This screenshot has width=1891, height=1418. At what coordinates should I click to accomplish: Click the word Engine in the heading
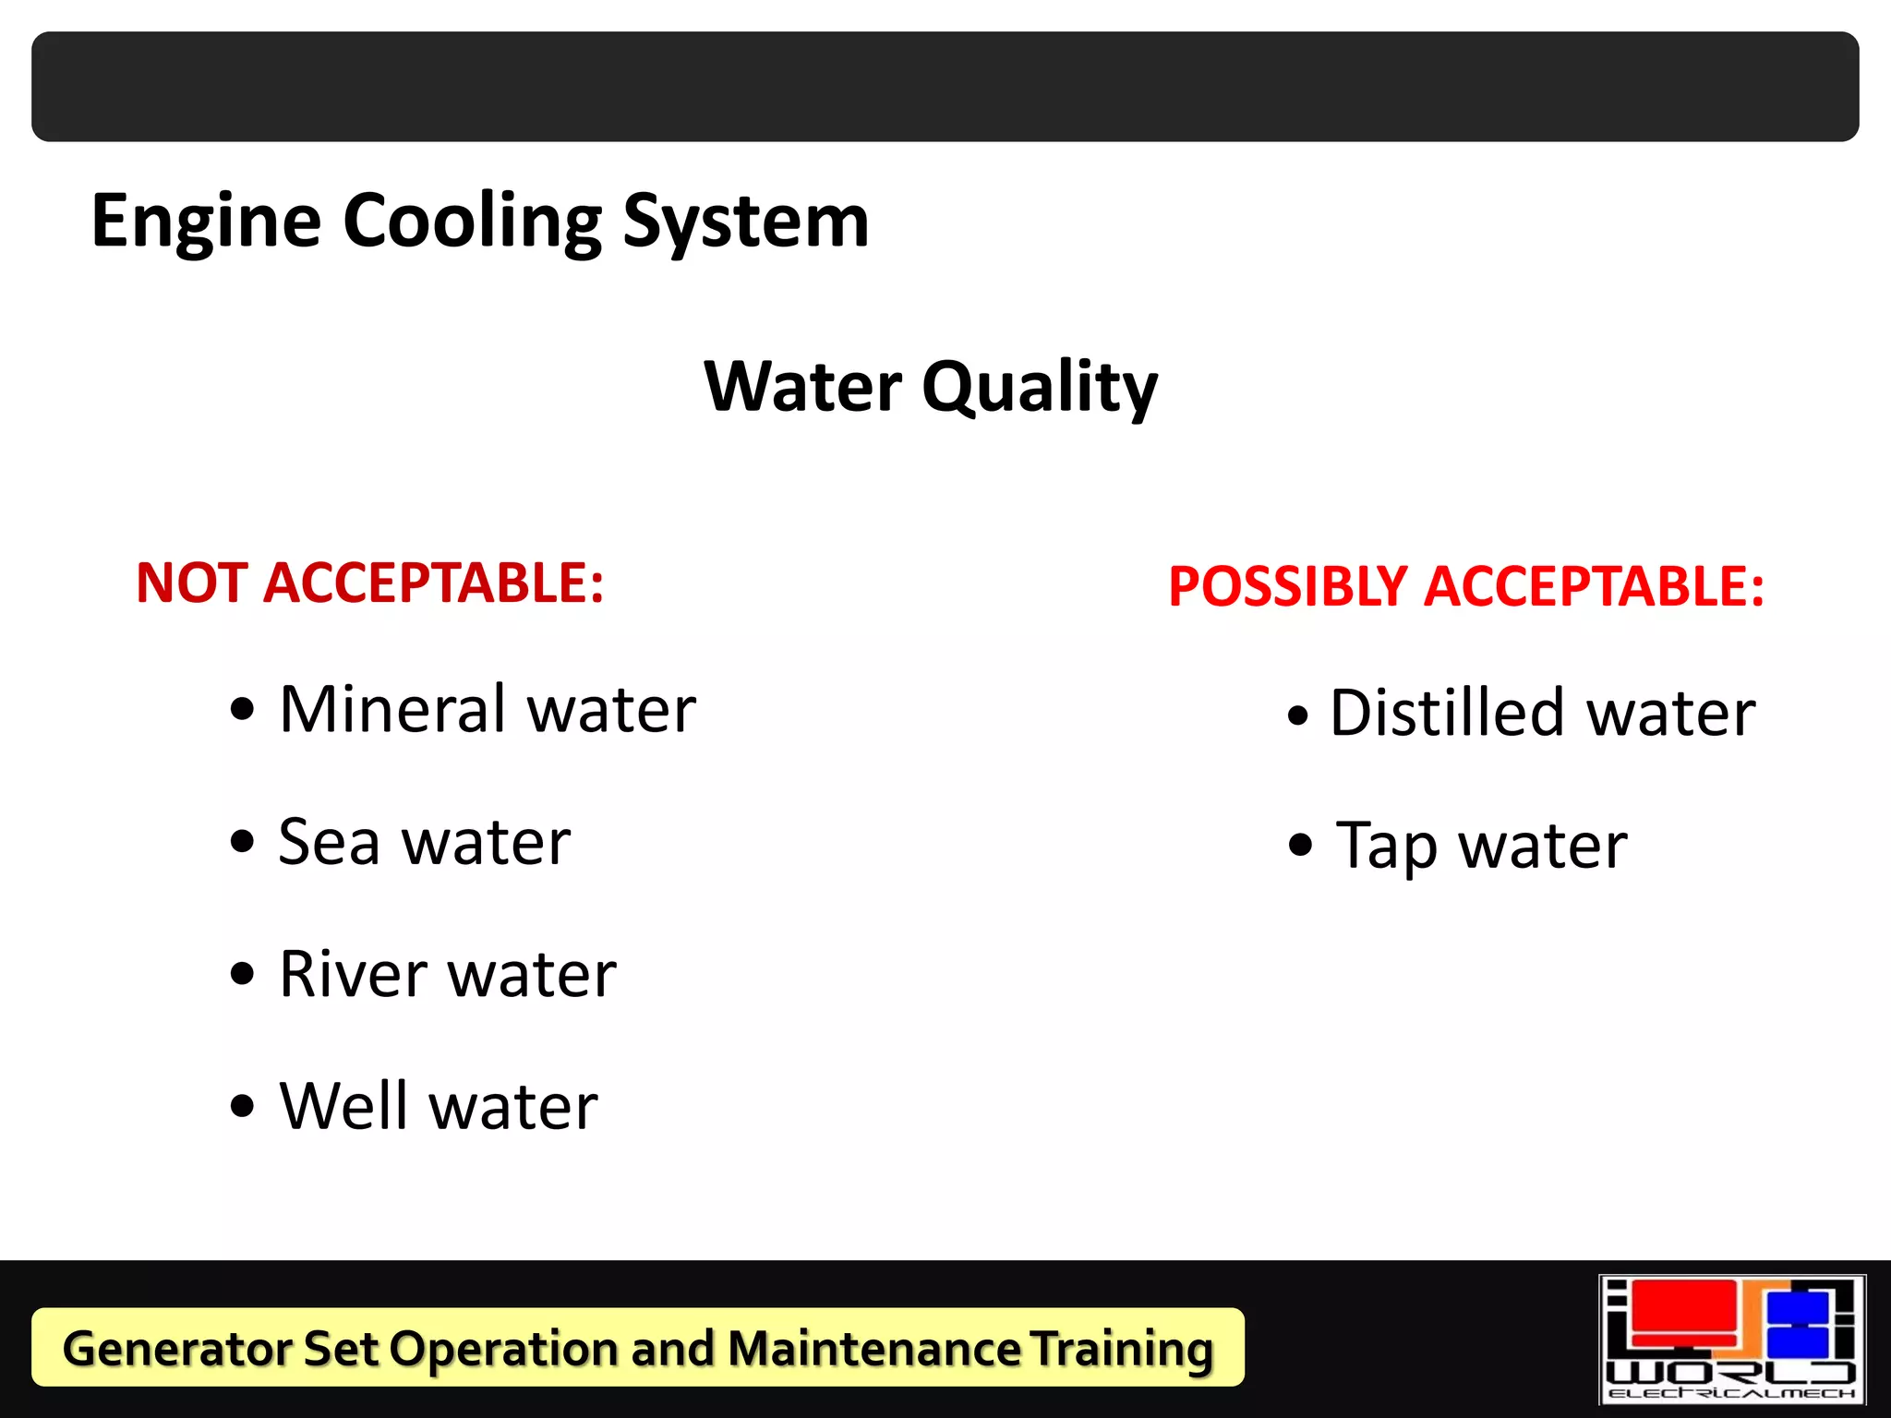click(x=206, y=222)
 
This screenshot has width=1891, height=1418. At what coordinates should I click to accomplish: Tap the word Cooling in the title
click(x=472, y=222)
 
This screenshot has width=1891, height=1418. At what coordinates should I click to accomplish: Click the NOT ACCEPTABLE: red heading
click(x=369, y=583)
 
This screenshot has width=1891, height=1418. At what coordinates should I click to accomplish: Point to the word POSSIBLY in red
click(x=1288, y=587)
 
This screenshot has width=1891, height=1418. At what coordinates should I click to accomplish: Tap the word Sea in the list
click(x=329, y=843)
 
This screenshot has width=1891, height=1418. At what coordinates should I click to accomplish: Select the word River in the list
click(x=354, y=975)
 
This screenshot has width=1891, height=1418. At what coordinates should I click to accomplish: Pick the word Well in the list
click(x=343, y=1106)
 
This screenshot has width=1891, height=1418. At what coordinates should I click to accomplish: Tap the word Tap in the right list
click(x=1387, y=847)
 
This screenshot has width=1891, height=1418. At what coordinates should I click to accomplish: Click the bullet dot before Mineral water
click(x=242, y=712)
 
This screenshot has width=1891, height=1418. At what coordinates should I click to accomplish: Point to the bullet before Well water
click(x=242, y=1106)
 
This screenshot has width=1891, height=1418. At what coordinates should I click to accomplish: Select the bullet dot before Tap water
click(x=1300, y=845)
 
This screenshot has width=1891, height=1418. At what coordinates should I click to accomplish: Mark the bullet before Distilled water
click(x=1298, y=715)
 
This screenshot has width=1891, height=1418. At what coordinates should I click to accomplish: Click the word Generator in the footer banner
click(x=175, y=1349)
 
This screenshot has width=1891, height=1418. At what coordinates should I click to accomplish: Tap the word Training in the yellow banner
click(x=1121, y=1349)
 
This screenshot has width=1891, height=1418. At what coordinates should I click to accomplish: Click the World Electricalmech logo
click(x=1732, y=1340)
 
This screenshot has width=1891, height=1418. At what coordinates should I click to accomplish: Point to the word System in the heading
click(x=746, y=222)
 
